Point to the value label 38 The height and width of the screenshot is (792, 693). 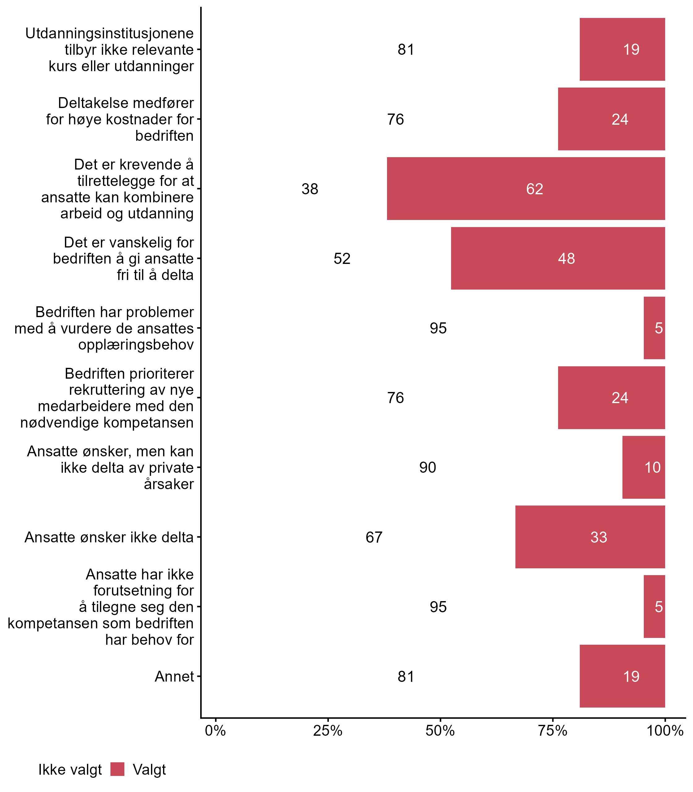tap(310, 189)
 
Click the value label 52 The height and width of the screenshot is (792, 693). tap(342, 259)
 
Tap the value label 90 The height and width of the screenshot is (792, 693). tap(427, 467)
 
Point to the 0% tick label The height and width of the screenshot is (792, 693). tap(215, 731)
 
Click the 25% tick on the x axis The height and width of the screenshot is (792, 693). tap(328, 731)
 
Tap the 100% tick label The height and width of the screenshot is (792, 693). tap(665, 731)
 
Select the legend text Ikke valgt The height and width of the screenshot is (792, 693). tap(70, 770)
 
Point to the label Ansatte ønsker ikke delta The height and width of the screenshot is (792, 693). tap(109, 537)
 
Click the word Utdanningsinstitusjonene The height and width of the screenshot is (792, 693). tap(110, 33)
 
